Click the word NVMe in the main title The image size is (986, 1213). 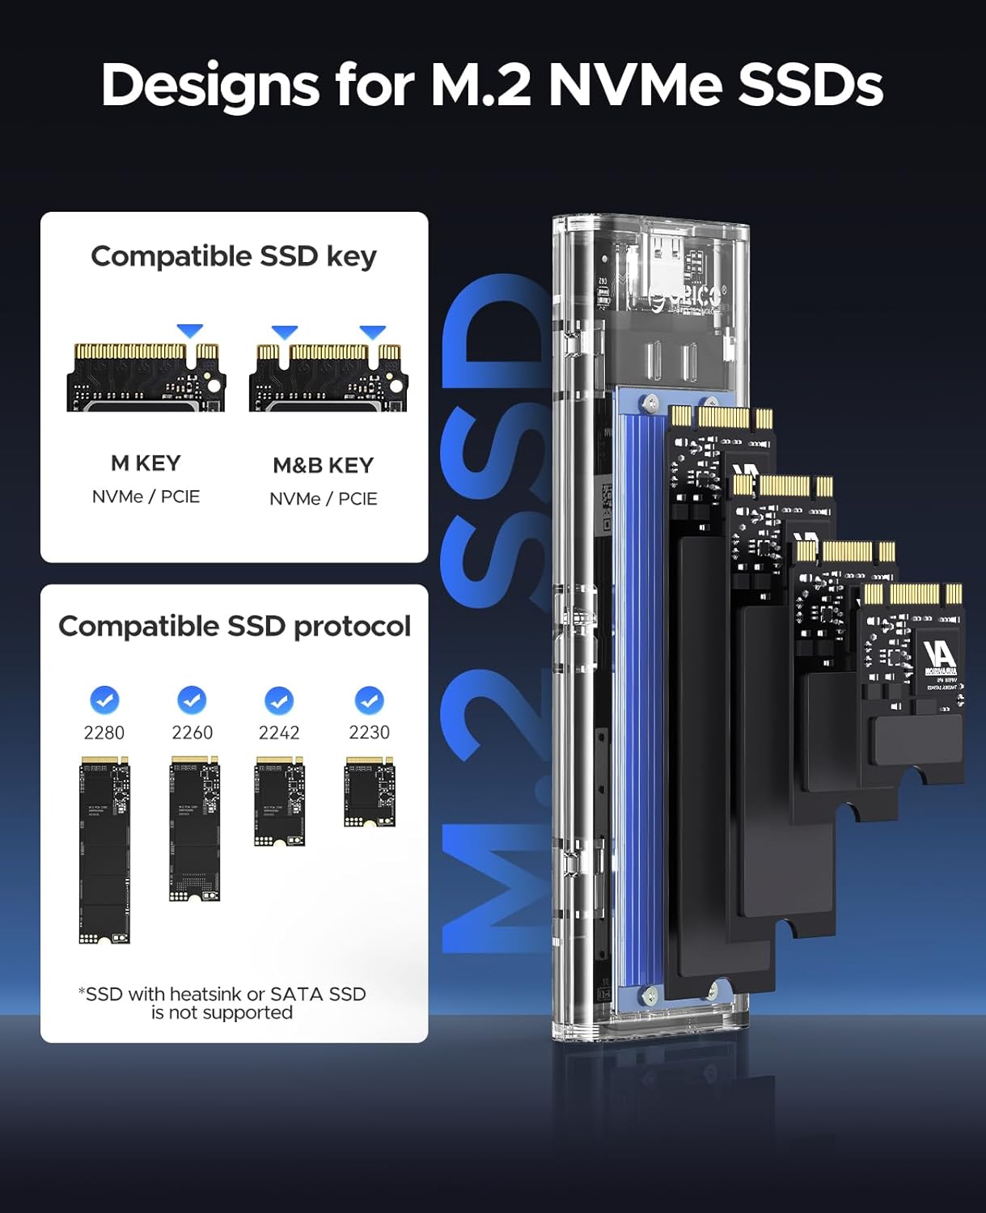[634, 85]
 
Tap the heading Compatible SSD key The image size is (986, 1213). [234, 256]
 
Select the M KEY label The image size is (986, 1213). [146, 463]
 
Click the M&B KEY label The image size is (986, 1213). [323, 466]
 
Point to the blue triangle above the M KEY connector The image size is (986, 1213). [190, 331]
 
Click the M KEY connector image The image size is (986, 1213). [146, 377]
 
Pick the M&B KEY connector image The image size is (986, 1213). [328, 377]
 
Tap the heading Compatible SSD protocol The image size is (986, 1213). [234, 626]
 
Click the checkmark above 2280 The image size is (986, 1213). [104, 700]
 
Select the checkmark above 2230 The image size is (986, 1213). [369, 700]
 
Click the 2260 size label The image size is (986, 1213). [192, 733]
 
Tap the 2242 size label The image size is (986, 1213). [279, 733]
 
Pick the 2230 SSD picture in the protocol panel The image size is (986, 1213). [370, 792]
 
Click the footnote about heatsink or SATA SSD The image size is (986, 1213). [222, 1003]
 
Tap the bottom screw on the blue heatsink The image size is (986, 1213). [651, 990]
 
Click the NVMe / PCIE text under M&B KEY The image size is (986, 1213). [323, 499]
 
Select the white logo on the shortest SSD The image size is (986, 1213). [938, 655]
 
